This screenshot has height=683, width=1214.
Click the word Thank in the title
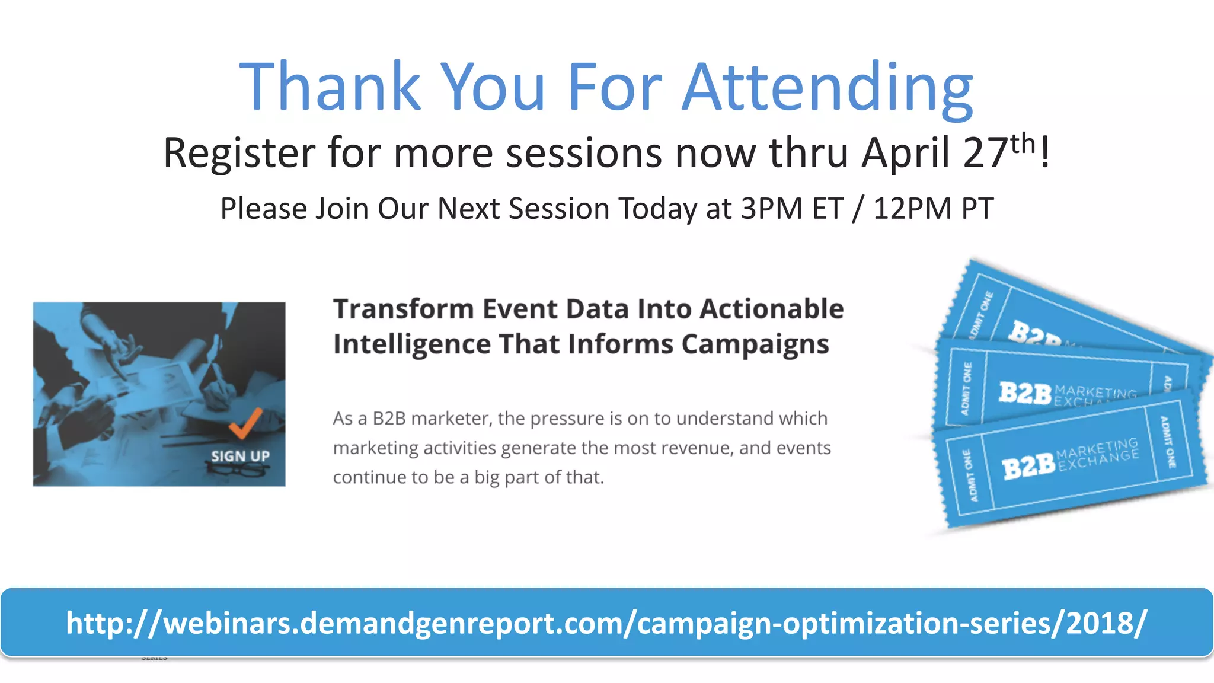point(330,88)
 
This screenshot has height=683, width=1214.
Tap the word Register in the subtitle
point(239,154)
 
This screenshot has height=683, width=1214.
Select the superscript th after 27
point(1023,143)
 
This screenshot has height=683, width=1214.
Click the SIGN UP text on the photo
point(240,456)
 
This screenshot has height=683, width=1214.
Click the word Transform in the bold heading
point(403,309)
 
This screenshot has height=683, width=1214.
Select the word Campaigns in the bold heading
point(755,344)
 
